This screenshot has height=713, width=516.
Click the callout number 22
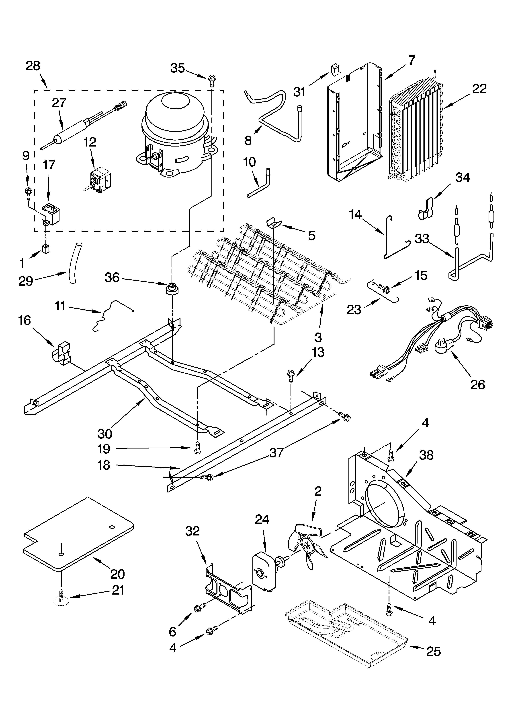479,89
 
